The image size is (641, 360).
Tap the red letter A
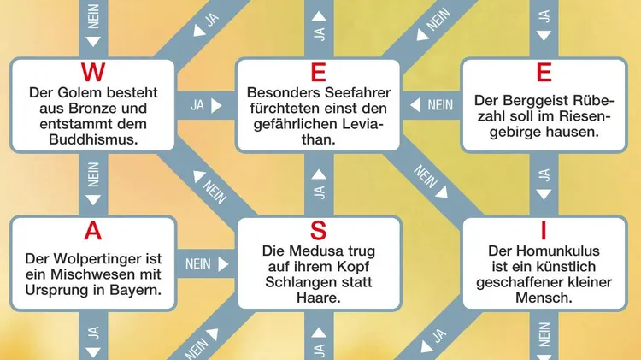(x=92, y=230)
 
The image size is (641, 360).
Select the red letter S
(x=318, y=230)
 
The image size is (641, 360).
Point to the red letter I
(x=544, y=230)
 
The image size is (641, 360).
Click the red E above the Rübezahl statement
(x=544, y=72)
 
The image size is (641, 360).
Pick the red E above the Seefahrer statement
(x=318, y=72)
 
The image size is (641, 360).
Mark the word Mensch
(x=544, y=298)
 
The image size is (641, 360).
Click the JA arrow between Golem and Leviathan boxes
(x=205, y=106)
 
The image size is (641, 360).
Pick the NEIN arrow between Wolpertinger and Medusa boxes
(x=205, y=263)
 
